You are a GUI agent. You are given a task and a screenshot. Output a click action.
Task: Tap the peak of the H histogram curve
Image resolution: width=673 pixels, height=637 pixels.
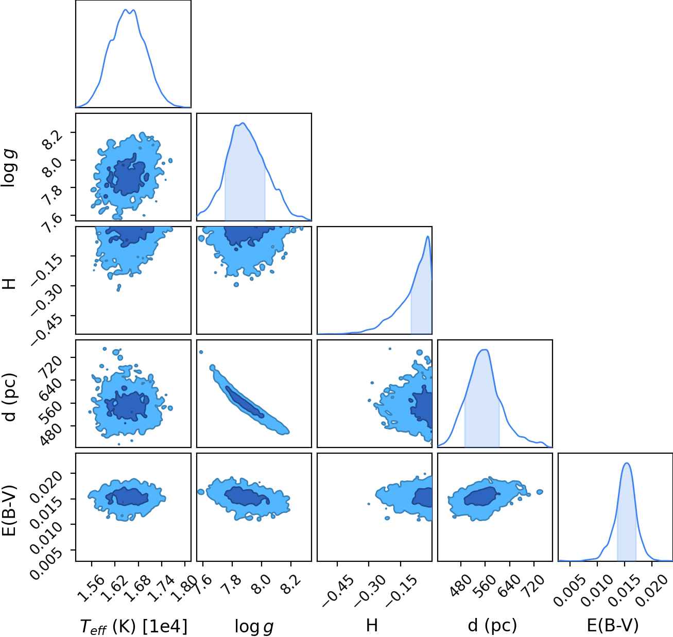[x=427, y=236]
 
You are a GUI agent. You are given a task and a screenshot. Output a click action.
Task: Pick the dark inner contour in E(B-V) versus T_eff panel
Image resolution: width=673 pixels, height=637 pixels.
[x=127, y=496]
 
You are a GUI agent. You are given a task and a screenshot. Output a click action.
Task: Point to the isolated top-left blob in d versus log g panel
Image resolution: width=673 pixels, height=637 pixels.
[x=201, y=352]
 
